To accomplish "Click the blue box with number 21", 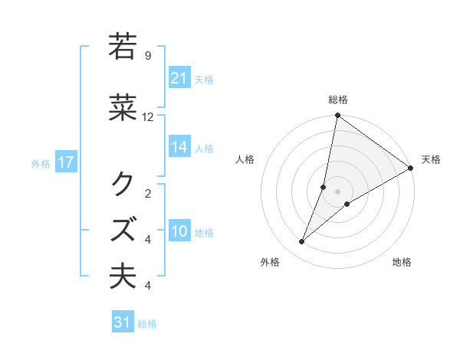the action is pos(179,78).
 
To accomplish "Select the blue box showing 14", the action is pos(179,148).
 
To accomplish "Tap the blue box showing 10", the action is pos(179,232).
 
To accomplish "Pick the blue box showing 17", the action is pos(65,162).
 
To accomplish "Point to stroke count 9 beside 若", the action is pos(148,56).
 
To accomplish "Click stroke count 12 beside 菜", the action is pos(148,117).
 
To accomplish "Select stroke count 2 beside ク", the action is pos(148,193).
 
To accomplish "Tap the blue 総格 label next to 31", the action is pos(147,324).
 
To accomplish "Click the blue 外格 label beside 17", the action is pos(41,163).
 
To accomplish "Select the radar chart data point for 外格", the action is pos(301,242).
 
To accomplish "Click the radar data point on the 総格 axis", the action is pos(337,116).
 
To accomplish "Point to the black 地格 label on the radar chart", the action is pos(402,263).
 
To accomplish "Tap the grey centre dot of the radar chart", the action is pos(337,191).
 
